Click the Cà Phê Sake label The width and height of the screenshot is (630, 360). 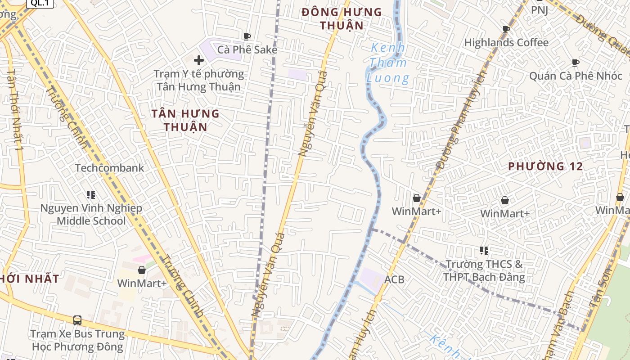(x=247, y=49)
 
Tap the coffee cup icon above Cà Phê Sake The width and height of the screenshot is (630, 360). (x=247, y=36)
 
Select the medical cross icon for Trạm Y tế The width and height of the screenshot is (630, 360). (x=198, y=60)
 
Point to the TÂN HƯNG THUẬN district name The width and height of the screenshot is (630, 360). (x=185, y=120)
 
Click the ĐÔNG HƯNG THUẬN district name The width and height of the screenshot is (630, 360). (x=342, y=18)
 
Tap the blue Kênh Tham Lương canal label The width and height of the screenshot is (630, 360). (x=388, y=63)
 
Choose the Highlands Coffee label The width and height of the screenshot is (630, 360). (x=506, y=43)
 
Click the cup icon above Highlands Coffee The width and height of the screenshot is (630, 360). (x=506, y=29)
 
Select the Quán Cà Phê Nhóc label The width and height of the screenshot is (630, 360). (x=575, y=76)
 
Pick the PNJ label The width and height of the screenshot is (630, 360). (x=540, y=10)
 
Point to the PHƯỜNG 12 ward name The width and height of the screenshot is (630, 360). (x=545, y=166)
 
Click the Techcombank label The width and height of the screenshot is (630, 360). (x=109, y=168)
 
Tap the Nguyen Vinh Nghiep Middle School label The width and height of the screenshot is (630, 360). (x=91, y=214)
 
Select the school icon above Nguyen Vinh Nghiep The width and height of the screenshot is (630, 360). (x=91, y=195)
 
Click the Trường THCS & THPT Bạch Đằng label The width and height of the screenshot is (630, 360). (x=484, y=270)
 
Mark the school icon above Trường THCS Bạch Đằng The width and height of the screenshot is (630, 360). (x=484, y=250)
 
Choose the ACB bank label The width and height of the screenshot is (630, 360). (x=394, y=279)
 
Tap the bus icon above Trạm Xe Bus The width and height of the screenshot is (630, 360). (x=77, y=320)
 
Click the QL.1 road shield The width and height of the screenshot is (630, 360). (x=40, y=3)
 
